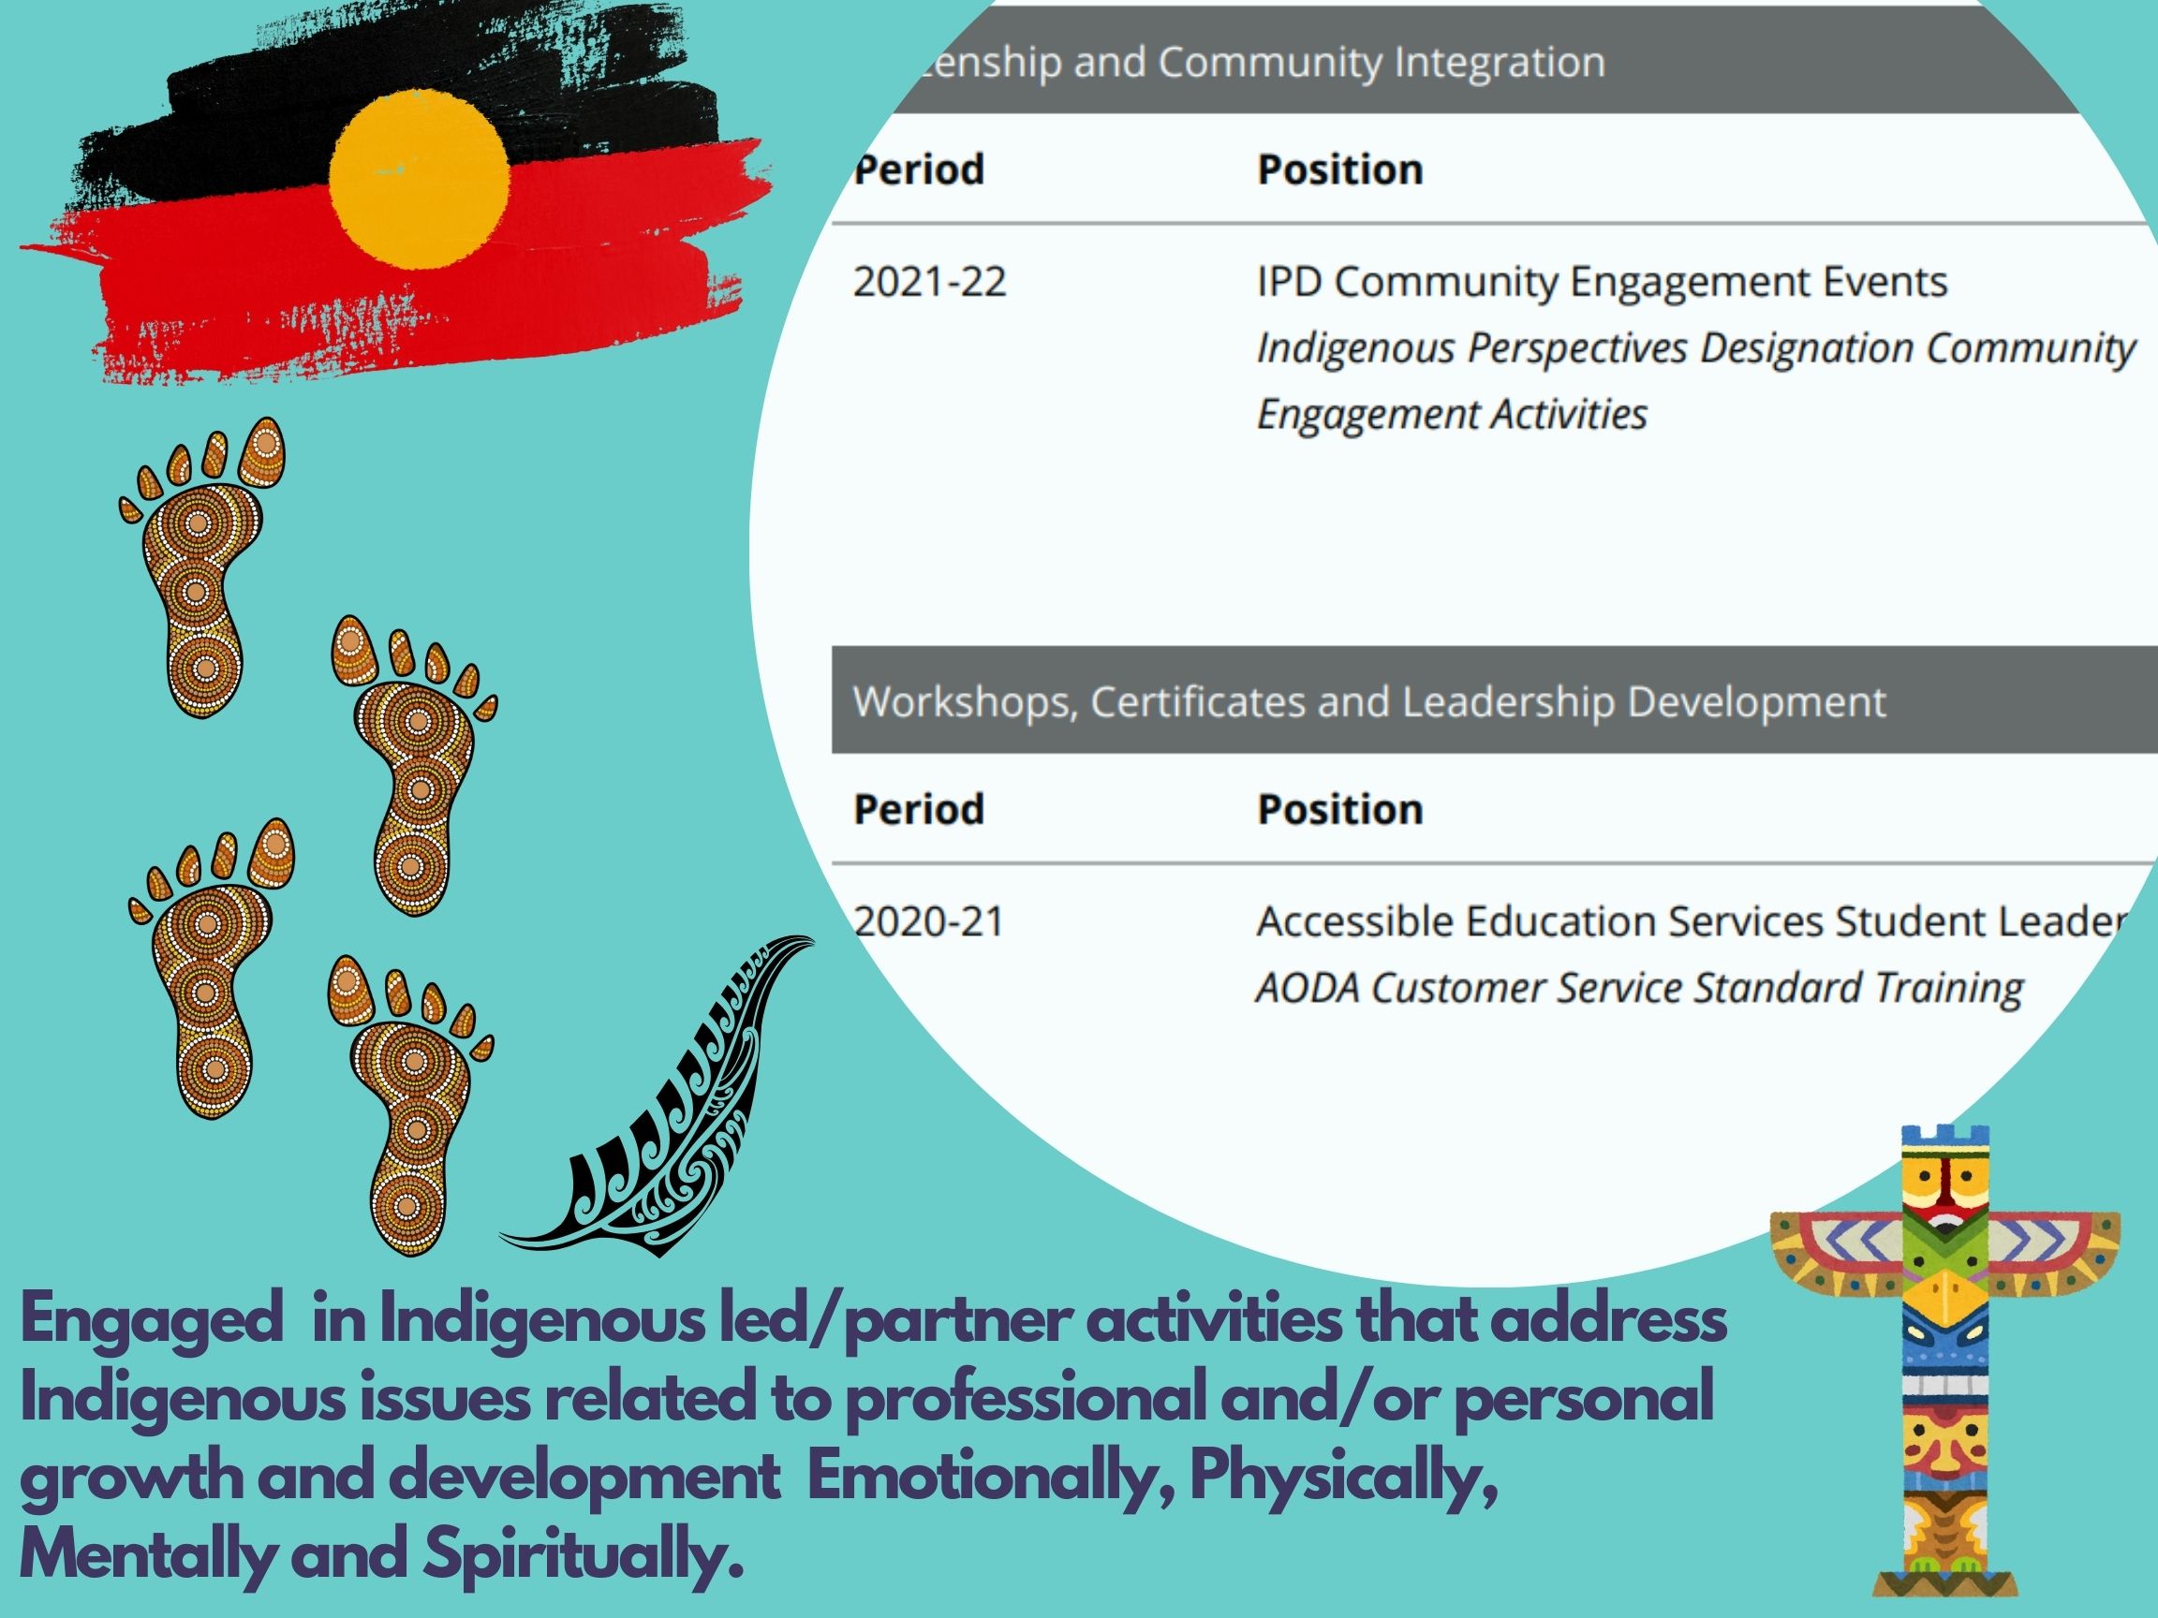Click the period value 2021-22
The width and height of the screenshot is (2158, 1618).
(x=929, y=283)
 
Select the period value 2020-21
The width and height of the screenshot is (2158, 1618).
(x=929, y=922)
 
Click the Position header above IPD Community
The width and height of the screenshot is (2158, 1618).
(x=1339, y=169)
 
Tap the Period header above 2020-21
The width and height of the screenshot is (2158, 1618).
(x=918, y=810)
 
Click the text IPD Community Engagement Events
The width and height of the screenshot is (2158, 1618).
(x=1602, y=283)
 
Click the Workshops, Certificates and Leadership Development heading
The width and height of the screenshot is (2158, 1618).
(x=1369, y=702)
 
